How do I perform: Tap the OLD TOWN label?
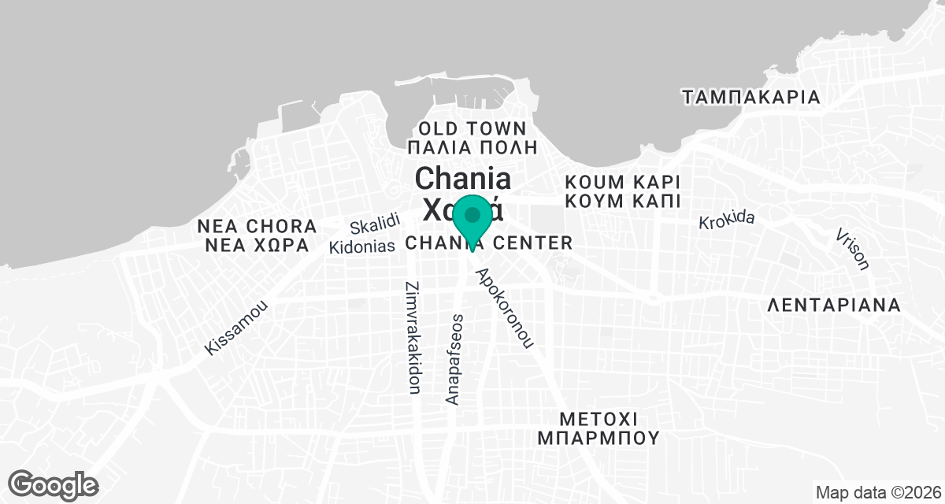(x=472, y=128)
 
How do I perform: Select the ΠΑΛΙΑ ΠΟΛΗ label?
(x=472, y=147)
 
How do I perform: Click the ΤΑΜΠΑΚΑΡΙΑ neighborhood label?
(x=751, y=98)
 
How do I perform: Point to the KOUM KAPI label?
(x=622, y=181)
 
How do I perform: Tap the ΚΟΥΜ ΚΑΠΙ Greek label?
(x=622, y=201)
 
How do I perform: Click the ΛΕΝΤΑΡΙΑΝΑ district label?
(x=833, y=306)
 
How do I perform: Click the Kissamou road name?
(x=236, y=328)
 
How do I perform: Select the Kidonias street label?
(x=361, y=246)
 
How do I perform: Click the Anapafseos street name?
(x=454, y=359)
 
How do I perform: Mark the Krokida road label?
(x=726, y=220)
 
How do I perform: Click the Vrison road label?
(x=854, y=249)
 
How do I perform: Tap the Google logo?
(x=54, y=484)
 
